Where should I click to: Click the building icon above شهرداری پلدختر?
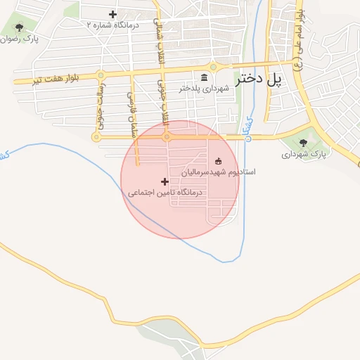click(x=205, y=77)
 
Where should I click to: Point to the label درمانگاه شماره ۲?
click(x=113, y=25)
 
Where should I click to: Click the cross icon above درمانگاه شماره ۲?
click(x=112, y=14)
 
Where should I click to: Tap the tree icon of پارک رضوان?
click(x=20, y=28)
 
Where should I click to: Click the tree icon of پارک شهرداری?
click(x=304, y=143)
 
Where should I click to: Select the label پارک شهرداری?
click(x=305, y=153)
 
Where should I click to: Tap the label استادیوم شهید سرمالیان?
click(x=219, y=172)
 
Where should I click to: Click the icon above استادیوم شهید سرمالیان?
click(x=217, y=161)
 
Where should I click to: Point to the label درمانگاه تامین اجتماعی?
click(x=165, y=191)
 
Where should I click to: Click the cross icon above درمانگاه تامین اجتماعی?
click(x=165, y=181)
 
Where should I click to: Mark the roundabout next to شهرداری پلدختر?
click(x=213, y=68)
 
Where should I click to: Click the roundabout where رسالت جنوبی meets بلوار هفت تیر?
click(x=101, y=75)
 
